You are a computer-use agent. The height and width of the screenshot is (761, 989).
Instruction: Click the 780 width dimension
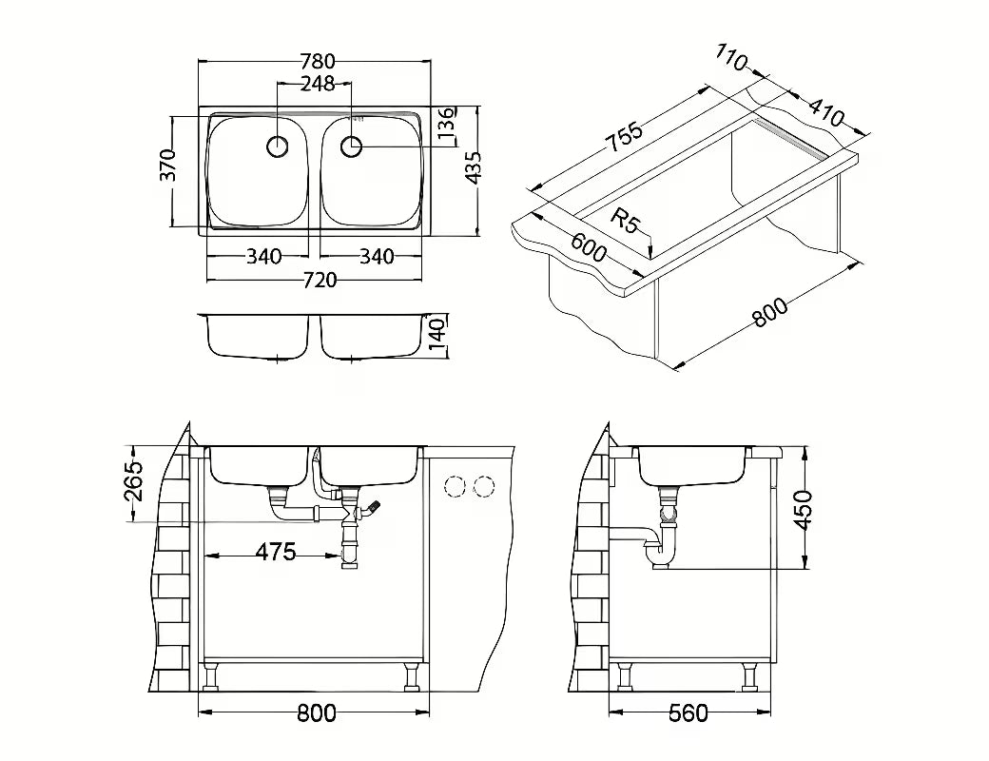tap(317, 61)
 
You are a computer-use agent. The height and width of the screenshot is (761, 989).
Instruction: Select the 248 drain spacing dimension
tap(318, 84)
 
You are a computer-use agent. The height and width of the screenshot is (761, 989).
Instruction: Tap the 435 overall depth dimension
tap(475, 167)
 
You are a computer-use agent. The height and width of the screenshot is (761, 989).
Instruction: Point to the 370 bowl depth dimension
tap(167, 165)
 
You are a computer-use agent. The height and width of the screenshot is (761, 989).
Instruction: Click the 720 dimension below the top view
tap(320, 280)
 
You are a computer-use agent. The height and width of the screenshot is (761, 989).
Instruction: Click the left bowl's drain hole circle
tap(278, 146)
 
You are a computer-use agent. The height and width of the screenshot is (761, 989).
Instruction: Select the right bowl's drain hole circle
tap(351, 146)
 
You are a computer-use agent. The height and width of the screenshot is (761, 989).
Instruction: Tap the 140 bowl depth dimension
tap(438, 337)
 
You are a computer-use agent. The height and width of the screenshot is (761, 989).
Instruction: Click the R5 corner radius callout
tap(626, 222)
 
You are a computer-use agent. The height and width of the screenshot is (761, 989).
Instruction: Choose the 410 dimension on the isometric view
tap(825, 111)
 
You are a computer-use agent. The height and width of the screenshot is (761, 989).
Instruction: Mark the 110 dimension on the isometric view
tap(731, 57)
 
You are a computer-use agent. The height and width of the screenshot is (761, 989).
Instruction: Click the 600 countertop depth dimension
tap(589, 247)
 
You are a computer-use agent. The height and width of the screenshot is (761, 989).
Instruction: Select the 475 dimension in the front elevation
tap(276, 552)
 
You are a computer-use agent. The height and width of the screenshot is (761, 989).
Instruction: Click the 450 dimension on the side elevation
tap(803, 510)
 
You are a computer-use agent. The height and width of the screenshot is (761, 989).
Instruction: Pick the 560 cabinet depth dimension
tap(688, 713)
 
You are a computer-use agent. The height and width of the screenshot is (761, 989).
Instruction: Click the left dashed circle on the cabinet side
tap(455, 486)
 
